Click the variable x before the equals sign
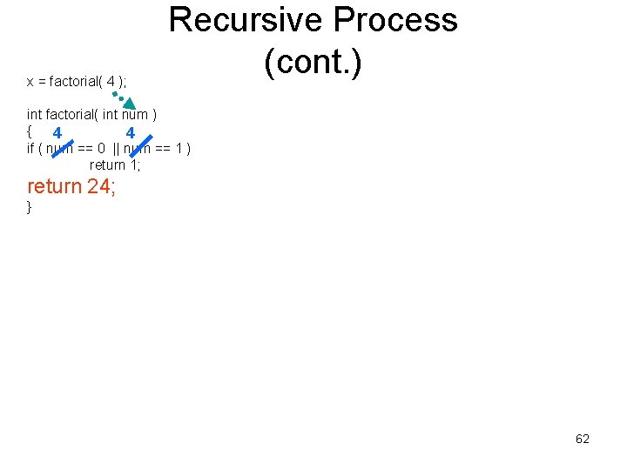pos(30,82)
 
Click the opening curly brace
pos(30,131)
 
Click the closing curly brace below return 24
pos(30,207)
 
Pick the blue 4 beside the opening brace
pos(57,133)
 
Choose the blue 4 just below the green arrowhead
pos(130,133)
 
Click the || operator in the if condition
pos(117,148)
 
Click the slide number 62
pos(583,439)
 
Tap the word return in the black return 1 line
pos(108,164)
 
